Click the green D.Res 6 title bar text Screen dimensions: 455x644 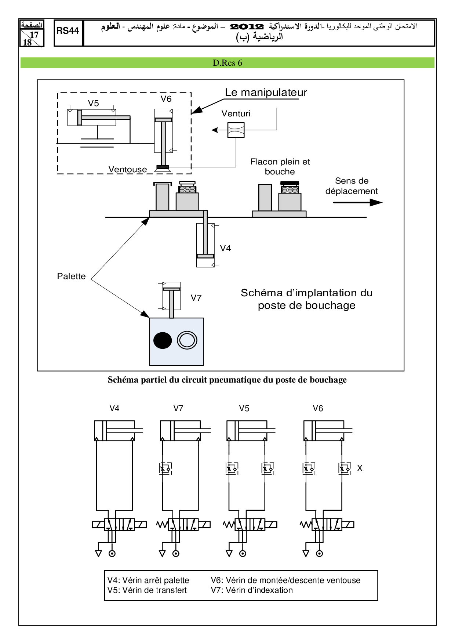point(227,63)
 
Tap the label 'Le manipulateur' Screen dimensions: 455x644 point(266,93)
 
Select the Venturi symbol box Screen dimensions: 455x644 point(236,130)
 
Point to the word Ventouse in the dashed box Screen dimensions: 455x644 point(128,169)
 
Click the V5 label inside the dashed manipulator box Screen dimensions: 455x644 point(94,103)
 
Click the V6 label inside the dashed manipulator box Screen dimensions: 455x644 point(166,99)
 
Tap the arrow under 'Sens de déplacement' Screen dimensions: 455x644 point(358,202)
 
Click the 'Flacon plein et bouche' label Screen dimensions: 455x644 point(280,167)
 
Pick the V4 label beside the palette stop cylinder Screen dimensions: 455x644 point(225,248)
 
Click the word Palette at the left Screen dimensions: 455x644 point(71,276)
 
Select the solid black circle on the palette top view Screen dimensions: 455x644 point(163,340)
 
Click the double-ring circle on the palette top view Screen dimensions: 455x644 point(187,340)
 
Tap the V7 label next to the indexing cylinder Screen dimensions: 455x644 point(196,298)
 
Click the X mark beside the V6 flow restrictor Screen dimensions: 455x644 point(360,468)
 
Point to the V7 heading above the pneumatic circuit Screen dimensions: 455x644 point(178,408)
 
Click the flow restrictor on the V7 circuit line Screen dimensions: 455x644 point(165,468)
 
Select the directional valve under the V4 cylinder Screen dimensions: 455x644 point(119,525)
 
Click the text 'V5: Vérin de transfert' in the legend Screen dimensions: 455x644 point(147,590)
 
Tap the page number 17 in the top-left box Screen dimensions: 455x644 point(34,35)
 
